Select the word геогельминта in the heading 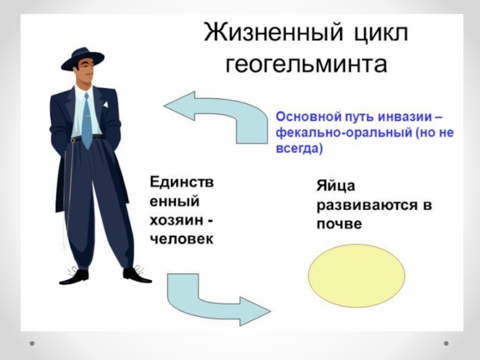306,64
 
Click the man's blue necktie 87,120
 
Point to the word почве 340,224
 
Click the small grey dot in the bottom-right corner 446,343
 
